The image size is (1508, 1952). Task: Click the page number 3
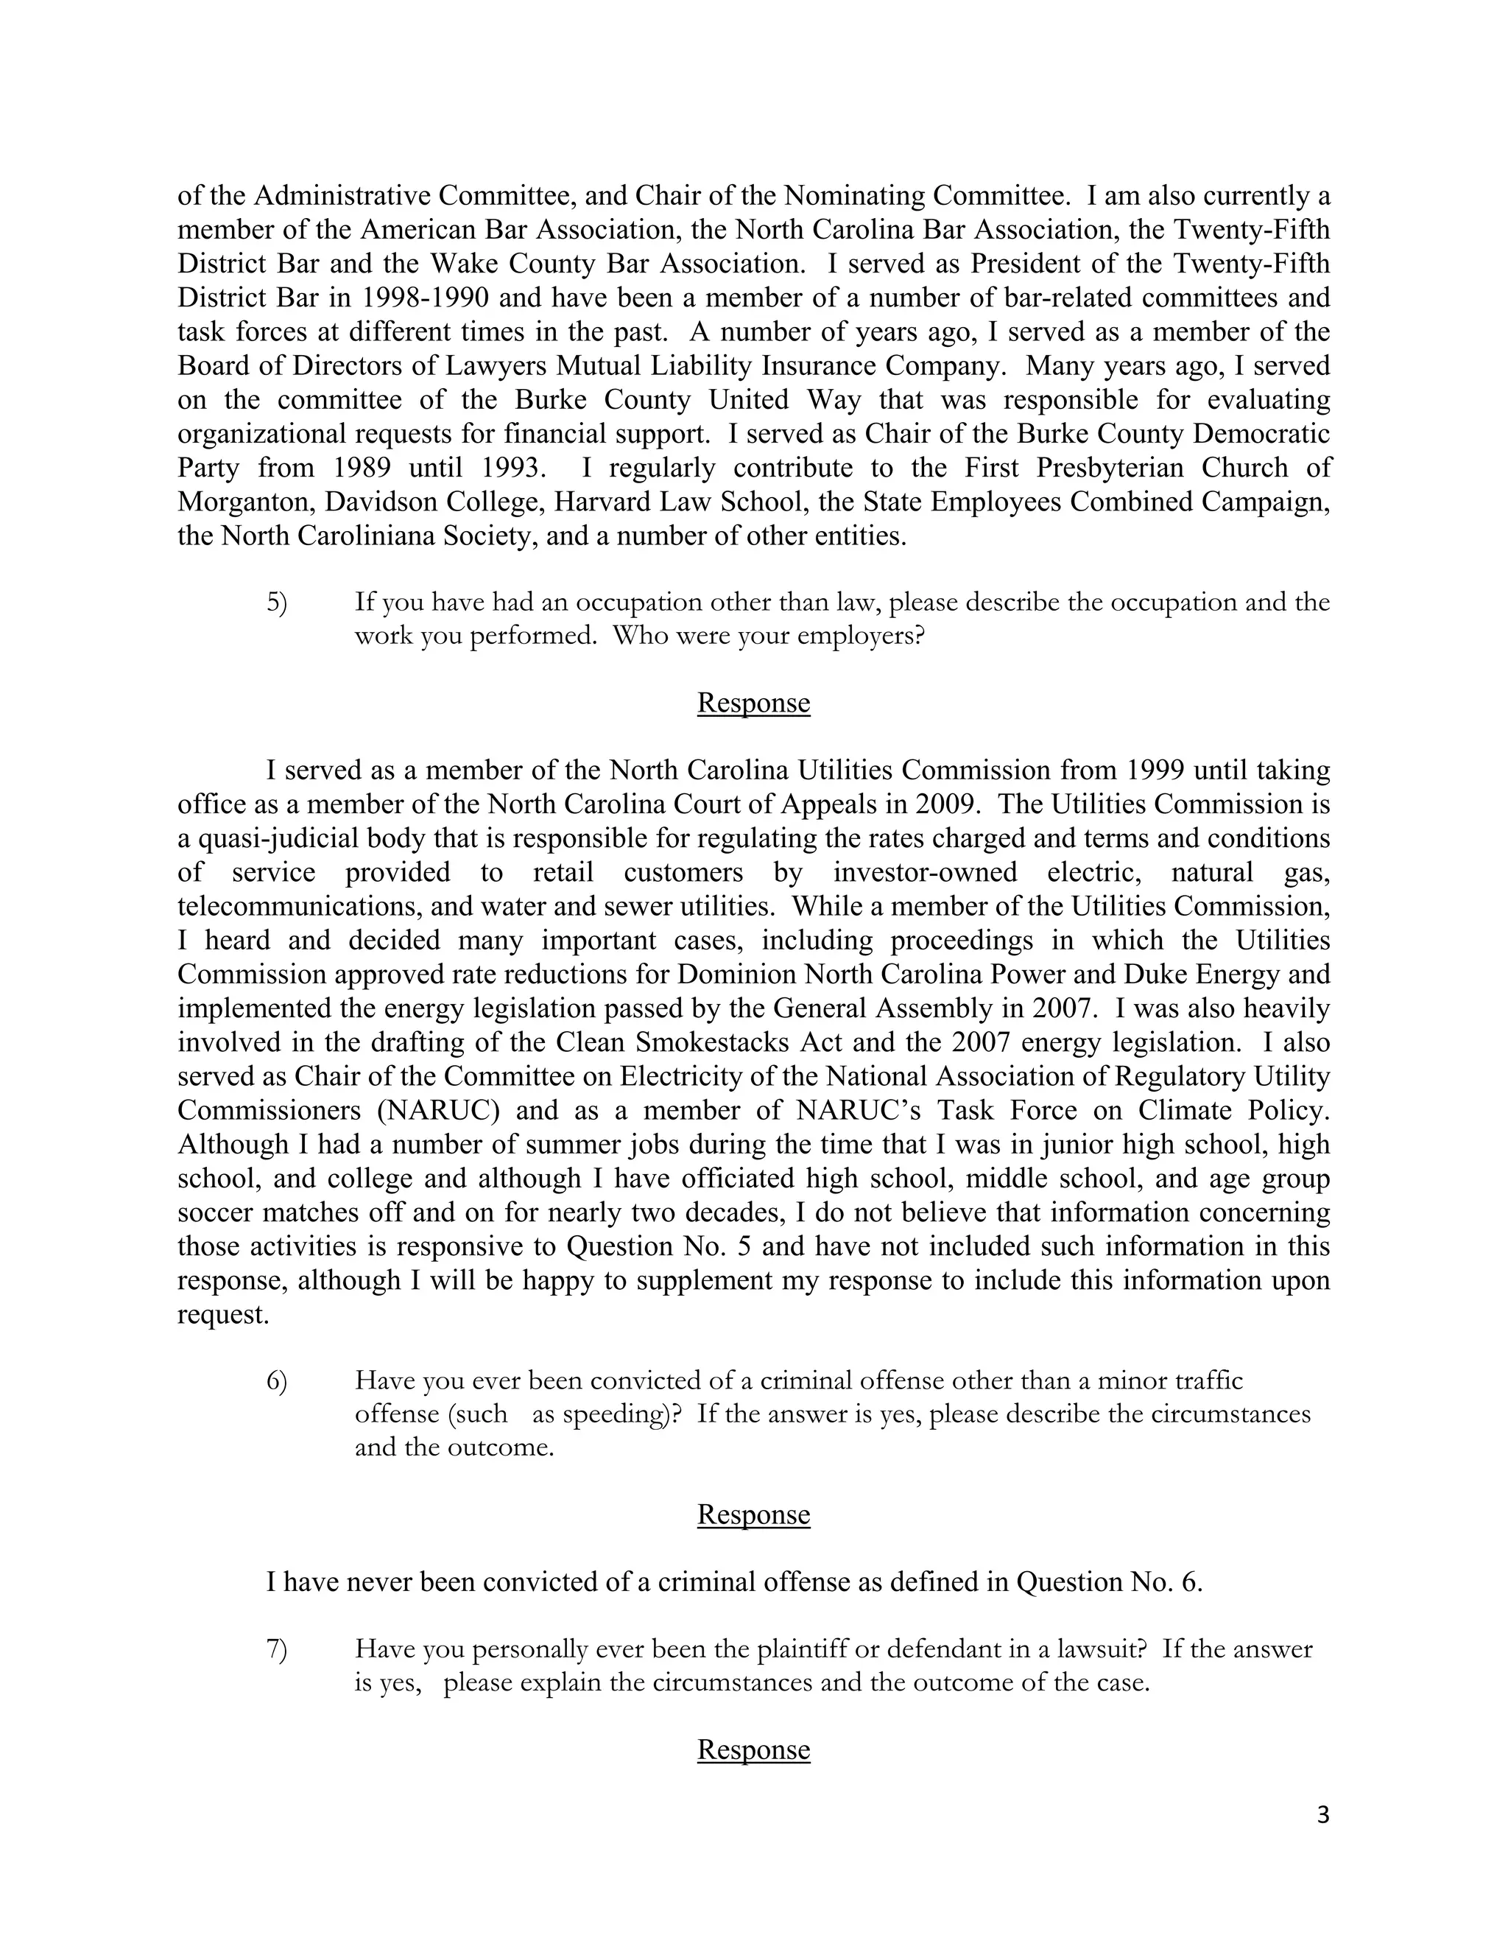tap(1323, 1815)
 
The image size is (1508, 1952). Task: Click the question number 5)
tap(277, 603)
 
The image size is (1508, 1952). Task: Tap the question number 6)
tap(277, 1381)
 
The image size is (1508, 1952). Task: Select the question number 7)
tap(277, 1649)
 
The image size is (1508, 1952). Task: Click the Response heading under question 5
tap(753, 703)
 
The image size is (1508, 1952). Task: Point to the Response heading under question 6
tap(753, 1514)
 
